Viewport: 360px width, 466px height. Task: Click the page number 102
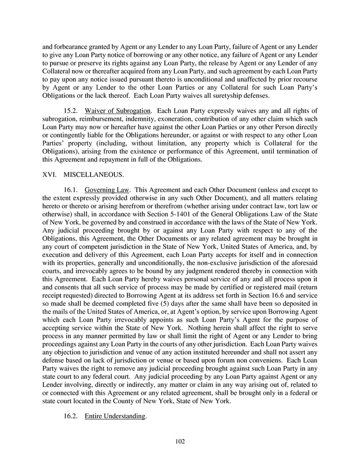(x=180, y=441)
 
